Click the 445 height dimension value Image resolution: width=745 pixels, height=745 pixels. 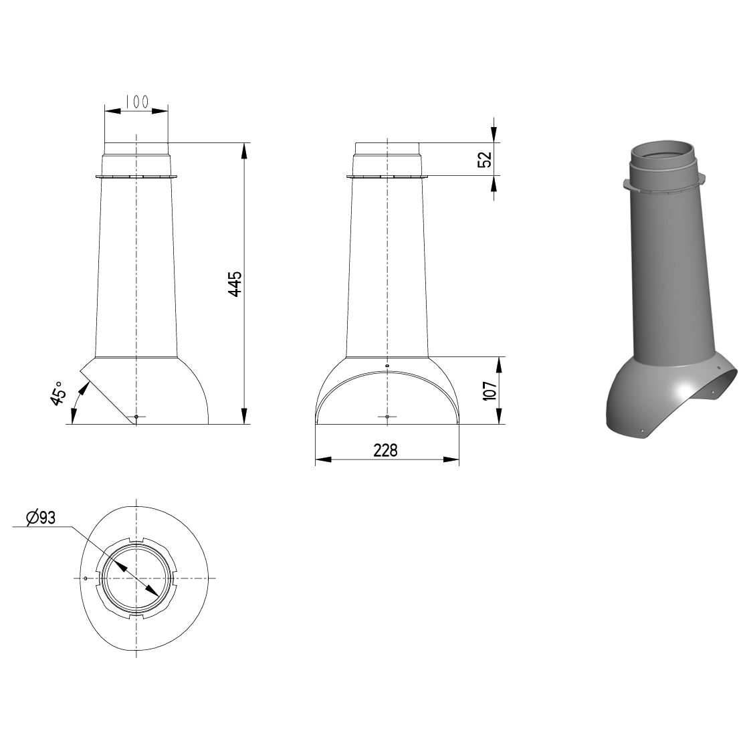(235, 284)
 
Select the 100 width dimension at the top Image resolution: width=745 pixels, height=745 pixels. (137, 101)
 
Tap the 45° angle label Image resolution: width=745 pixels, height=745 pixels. (58, 393)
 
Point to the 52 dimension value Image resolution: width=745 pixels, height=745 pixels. (485, 159)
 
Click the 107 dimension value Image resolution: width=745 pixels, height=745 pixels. (490, 391)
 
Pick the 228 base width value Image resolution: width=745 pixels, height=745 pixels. (385, 450)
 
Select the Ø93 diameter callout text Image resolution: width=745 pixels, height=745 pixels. (41, 518)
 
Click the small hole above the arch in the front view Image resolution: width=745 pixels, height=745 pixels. (387, 366)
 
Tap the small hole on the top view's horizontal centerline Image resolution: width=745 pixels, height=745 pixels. (85, 578)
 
